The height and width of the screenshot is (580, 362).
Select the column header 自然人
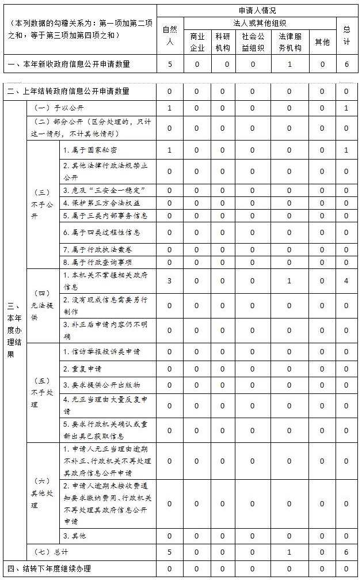170,35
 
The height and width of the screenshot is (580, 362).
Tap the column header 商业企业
197,41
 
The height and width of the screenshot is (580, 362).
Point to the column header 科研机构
223,41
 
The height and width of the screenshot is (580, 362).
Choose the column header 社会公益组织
253,41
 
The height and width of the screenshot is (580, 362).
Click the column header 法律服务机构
289,41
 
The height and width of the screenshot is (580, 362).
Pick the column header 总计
346,35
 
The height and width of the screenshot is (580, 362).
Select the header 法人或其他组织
260,23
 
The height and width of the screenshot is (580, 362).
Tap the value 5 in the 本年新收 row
170,64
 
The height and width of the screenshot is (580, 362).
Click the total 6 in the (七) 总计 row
346,552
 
